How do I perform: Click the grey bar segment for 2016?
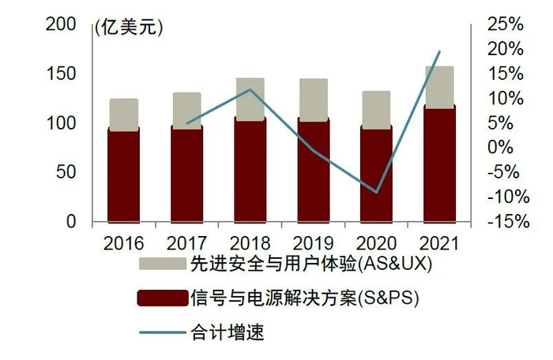point(123,114)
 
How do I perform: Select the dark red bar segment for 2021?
point(439,163)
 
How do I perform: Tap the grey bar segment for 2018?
point(250,99)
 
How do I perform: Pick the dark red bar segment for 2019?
point(313,171)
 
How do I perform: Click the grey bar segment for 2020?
point(376,109)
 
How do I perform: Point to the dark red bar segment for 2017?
point(186,173)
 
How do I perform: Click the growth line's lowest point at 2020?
point(377,192)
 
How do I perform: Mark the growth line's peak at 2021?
point(439,52)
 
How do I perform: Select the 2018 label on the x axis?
point(250,242)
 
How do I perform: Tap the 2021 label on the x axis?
point(439,242)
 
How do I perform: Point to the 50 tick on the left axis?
point(66,173)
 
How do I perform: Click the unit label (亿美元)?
point(128,28)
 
